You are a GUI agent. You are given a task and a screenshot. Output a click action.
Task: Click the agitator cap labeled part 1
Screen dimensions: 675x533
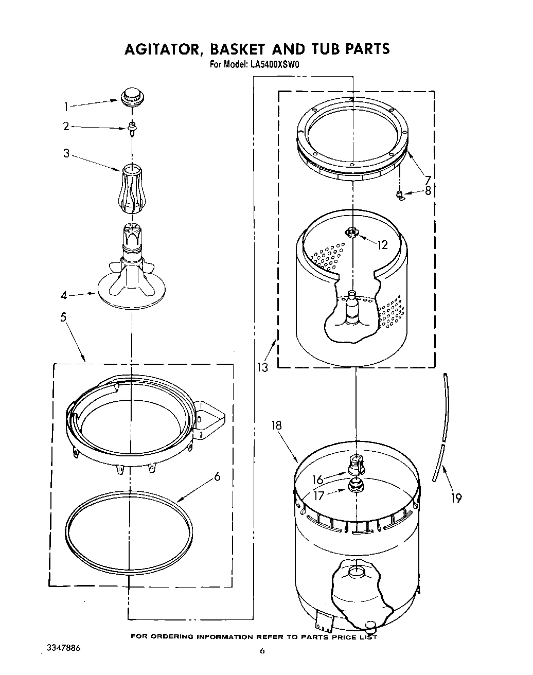[131, 97]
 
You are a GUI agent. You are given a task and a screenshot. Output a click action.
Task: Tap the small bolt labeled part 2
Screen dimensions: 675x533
[132, 127]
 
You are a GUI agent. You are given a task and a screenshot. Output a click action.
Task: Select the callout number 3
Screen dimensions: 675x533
[66, 153]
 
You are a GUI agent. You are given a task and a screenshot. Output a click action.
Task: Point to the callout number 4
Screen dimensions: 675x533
[64, 296]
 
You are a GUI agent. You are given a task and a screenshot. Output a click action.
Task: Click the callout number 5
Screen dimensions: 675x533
[63, 317]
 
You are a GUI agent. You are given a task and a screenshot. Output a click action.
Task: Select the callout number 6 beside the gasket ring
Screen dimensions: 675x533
[217, 477]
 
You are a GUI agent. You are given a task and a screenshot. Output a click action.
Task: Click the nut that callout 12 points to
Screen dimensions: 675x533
[352, 233]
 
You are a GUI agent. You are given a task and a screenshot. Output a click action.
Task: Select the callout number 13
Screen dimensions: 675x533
[262, 367]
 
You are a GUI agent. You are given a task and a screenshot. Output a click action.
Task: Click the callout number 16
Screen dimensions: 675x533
[317, 480]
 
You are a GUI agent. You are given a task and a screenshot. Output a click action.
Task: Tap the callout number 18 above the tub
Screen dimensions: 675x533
[277, 425]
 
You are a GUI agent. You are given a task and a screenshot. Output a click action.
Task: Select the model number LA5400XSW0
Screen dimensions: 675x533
[271, 65]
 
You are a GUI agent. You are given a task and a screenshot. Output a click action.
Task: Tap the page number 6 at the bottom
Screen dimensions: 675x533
[262, 651]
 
